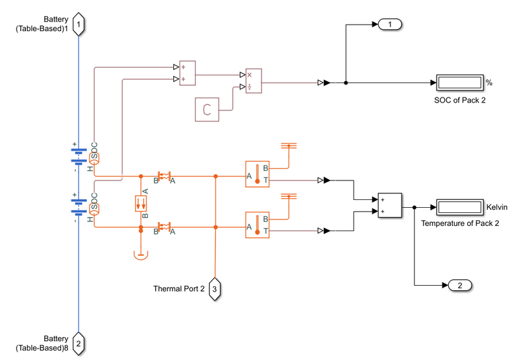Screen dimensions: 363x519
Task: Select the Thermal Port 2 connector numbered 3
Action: point(215,288)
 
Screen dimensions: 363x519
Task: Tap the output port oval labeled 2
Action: point(460,286)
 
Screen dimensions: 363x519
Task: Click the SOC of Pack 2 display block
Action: point(459,82)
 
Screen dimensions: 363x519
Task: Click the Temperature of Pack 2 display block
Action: point(459,208)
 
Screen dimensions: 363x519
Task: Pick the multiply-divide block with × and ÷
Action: point(253,82)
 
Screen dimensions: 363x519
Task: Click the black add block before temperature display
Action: point(390,206)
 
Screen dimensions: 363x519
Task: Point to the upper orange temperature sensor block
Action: point(257,174)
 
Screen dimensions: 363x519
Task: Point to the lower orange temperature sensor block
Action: point(257,225)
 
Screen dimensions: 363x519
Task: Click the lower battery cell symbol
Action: point(78,207)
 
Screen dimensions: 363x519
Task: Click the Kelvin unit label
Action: point(497,208)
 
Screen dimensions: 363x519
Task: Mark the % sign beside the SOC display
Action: point(489,82)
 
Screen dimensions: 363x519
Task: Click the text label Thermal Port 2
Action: point(178,288)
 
